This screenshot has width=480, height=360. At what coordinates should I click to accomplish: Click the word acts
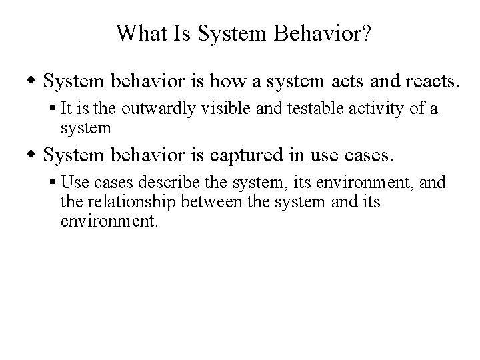pos(351,82)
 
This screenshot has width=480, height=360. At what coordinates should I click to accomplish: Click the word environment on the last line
pos(109,221)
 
